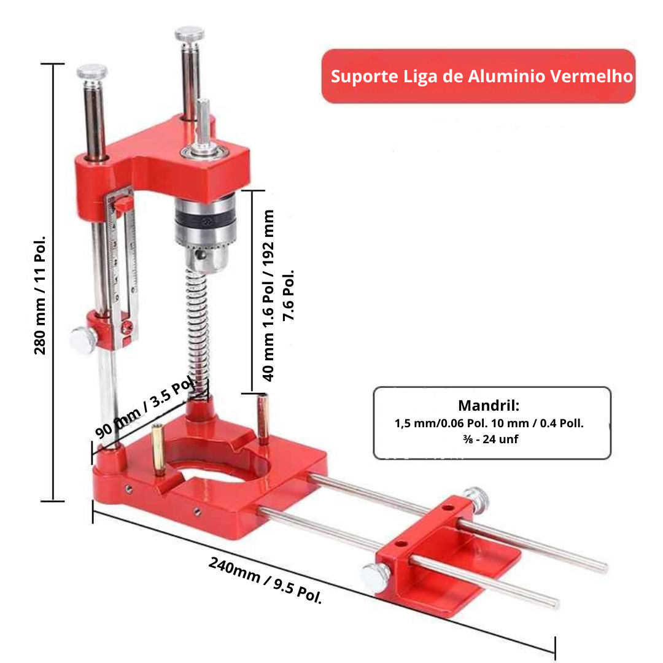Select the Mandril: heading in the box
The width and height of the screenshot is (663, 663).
pyautogui.click(x=489, y=406)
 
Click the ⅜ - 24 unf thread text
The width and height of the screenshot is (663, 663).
pyautogui.click(x=490, y=440)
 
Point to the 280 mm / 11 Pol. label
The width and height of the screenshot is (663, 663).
pyautogui.click(x=40, y=295)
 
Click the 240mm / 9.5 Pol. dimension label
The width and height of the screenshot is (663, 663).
pyautogui.click(x=265, y=580)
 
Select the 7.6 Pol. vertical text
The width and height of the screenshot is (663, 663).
pyautogui.click(x=288, y=295)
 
